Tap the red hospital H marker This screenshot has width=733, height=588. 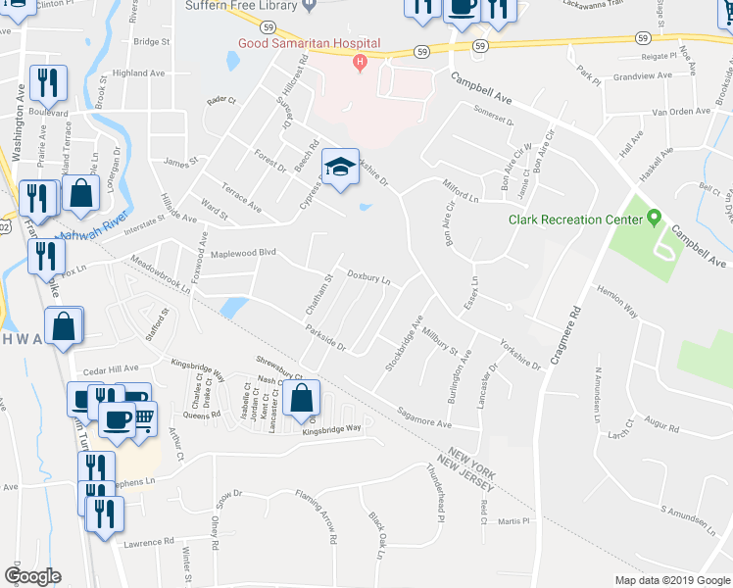click(360, 65)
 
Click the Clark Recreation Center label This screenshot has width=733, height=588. click(575, 220)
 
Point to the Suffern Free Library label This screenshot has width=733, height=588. click(239, 6)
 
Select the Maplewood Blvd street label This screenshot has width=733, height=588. click(244, 253)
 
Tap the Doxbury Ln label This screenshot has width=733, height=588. click(368, 278)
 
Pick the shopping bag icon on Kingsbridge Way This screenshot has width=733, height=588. click(303, 398)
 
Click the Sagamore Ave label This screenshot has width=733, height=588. click(423, 417)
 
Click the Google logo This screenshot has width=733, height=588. click(32, 576)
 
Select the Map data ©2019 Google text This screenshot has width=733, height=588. click(672, 580)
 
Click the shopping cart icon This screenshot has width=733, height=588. click(144, 419)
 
